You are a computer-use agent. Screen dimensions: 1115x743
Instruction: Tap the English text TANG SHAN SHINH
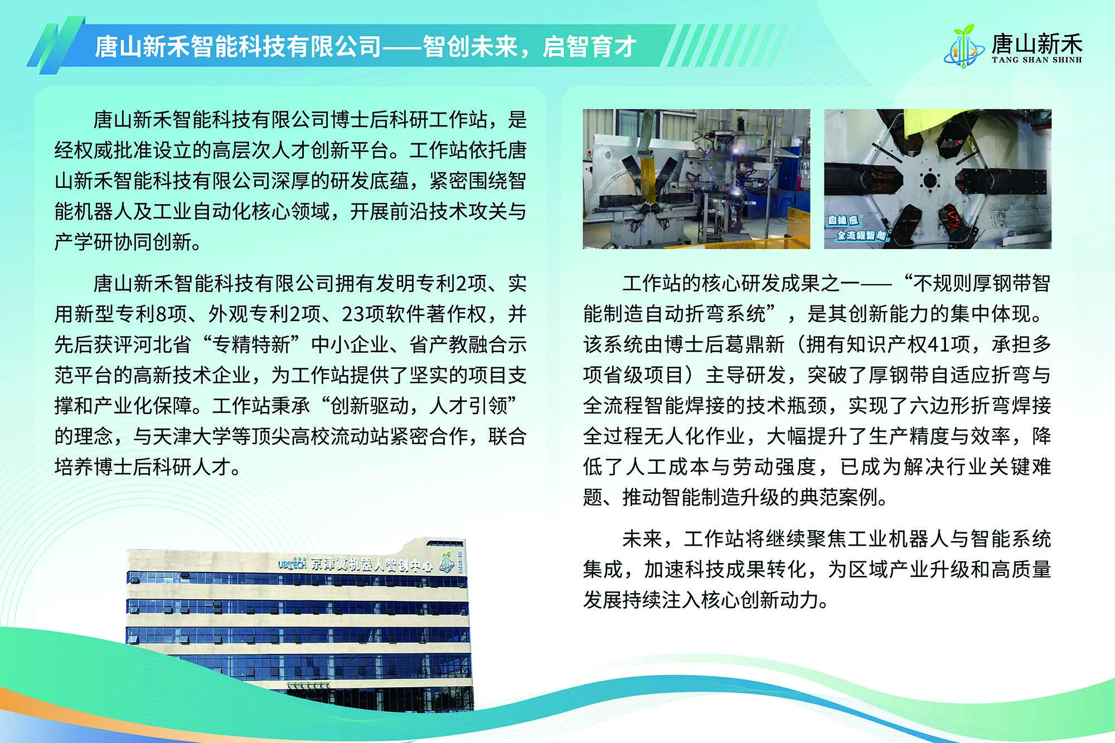tap(1037, 60)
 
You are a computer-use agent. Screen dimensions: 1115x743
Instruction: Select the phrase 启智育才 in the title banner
tap(590, 46)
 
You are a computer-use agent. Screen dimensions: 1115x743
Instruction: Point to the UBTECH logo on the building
tap(293, 564)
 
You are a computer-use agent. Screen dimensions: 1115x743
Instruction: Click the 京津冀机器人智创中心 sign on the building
tap(371, 565)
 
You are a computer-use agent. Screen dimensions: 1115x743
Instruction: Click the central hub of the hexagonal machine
tap(929, 180)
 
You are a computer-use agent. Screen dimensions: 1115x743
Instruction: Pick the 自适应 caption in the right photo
tap(843, 220)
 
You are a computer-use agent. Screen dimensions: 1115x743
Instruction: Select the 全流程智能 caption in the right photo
tap(861, 235)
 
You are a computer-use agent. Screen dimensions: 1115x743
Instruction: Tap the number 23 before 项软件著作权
tap(353, 314)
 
